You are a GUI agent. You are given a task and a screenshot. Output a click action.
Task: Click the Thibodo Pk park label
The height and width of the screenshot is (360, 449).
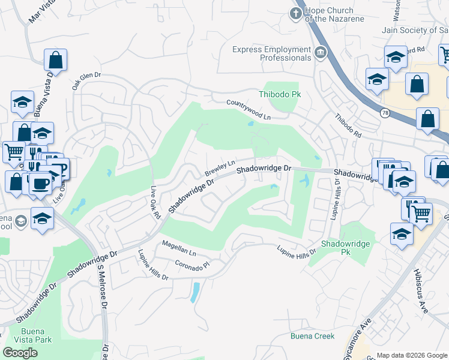pyautogui.click(x=279, y=94)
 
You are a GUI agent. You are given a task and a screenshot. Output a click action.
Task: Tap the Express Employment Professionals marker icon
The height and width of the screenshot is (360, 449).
pyautogui.click(x=320, y=53)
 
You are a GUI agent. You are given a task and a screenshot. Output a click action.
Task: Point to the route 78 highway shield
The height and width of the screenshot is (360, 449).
pyautogui.click(x=384, y=112)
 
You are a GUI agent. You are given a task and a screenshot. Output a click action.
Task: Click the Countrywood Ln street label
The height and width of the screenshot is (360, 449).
pyautogui.click(x=249, y=110)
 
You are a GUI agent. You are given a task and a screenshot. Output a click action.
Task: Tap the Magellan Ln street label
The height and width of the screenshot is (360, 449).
pyautogui.click(x=179, y=248)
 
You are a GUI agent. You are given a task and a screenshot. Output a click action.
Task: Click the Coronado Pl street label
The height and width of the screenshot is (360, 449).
pyautogui.click(x=191, y=265)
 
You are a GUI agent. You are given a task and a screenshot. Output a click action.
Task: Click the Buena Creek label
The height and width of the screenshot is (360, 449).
pyautogui.click(x=313, y=336)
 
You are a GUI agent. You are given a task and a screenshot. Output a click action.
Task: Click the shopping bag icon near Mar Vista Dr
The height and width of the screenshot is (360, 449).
pyautogui.click(x=55, y=59)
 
